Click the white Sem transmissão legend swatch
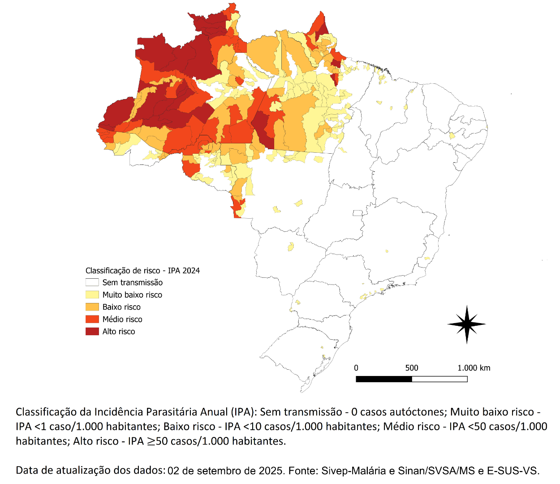(x=92, y=282)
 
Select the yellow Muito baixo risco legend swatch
(x=92, y=294)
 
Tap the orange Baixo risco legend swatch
(x=92, y=307)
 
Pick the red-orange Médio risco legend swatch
(x=92, y=319)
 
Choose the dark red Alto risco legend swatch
(x=92, y=332)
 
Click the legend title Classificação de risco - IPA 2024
(x=142, y=271)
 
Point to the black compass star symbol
(x=467, y=324)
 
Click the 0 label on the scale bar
(x=356, y=368)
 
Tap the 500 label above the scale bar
(x=412, y=368)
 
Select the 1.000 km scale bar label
(x=474, y=368)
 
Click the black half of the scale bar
(x=384, y=379)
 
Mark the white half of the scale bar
(x=439, y=379)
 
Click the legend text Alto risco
(x=119, y=332)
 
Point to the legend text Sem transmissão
(x=133, y=282)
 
